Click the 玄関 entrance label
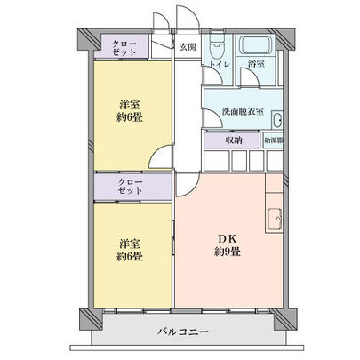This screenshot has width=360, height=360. pyautogui.click(x=188, y=47)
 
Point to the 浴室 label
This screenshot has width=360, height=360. pyautogui.click(x=256, y=65)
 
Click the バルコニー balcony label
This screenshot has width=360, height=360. pyautogui.click(x=183, y=332)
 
